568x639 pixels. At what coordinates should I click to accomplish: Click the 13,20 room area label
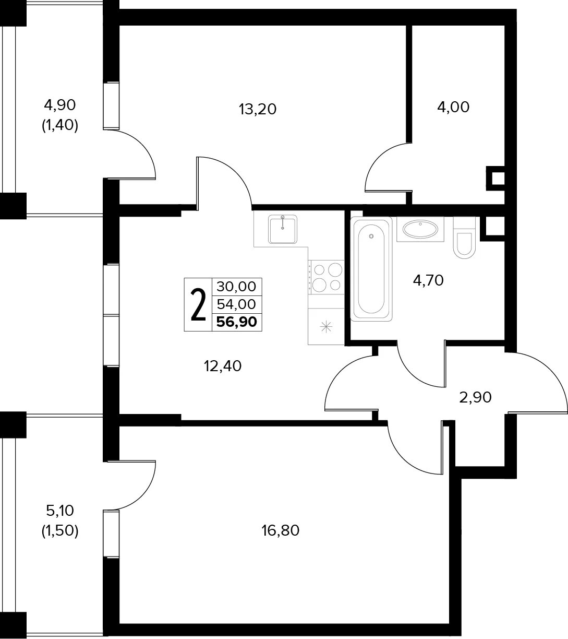click(258, 110)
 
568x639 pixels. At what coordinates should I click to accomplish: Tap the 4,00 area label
click(453, 107)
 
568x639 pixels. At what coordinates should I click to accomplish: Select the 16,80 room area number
click(280, 530)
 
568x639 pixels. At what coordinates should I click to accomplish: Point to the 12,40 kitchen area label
click(223, 366)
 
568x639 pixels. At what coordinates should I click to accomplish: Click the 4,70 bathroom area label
click(428, 280)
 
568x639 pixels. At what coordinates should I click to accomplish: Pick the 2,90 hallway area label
click(475, 397)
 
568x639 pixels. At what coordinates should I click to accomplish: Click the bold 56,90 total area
click(237, 322)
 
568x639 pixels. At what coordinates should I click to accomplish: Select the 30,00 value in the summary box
click(236, 287)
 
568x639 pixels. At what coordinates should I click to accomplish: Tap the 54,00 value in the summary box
click(236, 304)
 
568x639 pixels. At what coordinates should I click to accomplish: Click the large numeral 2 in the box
click(198, 305)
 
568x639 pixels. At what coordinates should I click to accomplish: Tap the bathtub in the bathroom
click(371, 269)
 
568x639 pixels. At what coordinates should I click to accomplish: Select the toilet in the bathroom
click(464, 238)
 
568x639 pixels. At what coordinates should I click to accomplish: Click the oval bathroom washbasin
click(420, 229)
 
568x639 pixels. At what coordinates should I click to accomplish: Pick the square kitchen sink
click(283, 229)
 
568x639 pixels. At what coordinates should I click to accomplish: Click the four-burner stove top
click(326, 277)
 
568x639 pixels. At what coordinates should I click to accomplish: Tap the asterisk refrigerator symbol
click(326, 327)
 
